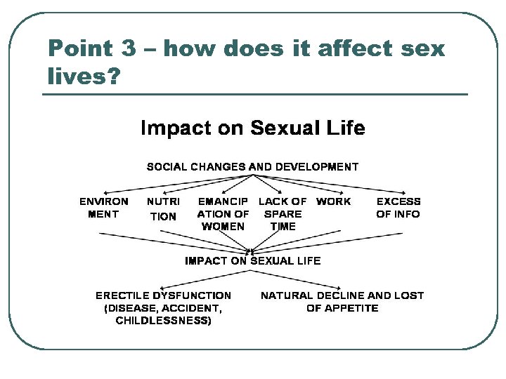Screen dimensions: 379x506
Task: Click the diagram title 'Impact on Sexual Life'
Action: (253, 128)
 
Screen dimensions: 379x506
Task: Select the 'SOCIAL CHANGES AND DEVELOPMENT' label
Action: (252, 167)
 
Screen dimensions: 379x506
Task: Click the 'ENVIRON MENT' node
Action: (104, 208)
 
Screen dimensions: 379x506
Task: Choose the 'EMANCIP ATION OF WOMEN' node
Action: (223, 214)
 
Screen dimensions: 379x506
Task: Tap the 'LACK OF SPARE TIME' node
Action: (283, 214)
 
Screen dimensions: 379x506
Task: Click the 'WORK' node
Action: (334, 201)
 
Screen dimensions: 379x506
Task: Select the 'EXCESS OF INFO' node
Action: (398, 208)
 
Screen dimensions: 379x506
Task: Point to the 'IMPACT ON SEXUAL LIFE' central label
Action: (252, 260)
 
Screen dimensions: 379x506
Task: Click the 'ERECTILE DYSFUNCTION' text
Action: (163, 295)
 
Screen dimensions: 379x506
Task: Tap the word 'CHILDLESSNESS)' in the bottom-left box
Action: (163, 321)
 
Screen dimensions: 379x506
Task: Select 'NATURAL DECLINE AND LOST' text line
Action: (342, 295)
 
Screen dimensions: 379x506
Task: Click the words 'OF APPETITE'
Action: (342, 308)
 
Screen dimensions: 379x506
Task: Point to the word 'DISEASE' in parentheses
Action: (131, 308)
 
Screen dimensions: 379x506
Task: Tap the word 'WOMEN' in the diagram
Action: (223, 227)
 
